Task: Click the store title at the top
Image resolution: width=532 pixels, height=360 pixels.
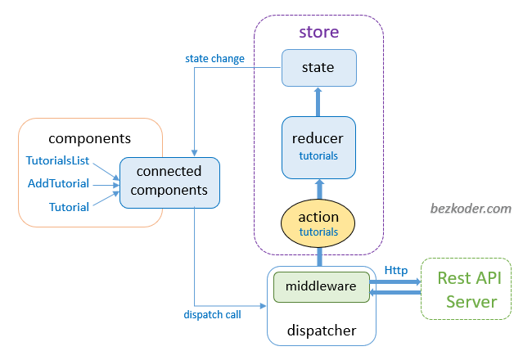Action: tap(318, 33)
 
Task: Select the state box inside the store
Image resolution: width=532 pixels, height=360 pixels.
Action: tap(318, 68)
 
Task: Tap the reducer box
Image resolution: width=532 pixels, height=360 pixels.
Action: tap(318, 146)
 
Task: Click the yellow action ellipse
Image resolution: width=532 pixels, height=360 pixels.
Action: tap(318, 224)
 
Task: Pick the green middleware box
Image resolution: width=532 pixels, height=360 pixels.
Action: tap(321, 287)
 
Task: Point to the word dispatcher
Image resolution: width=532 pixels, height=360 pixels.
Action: tap(321, 331)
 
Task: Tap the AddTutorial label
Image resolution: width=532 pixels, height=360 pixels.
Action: tap(58, 183)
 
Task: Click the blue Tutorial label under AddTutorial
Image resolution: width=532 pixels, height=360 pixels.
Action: tap(69, 207)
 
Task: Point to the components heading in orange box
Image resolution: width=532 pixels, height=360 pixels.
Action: tap(89, 138)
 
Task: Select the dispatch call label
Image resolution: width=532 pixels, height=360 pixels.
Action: tap(212, 313)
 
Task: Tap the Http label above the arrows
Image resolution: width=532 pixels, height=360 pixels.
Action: tap(396, 270)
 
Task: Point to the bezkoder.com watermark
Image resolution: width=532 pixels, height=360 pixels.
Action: tap(471, 209)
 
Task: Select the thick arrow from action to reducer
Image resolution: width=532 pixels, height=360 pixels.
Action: tap(318, 190)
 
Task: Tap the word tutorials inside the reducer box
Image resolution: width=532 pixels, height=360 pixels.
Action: tap(318, 155)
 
